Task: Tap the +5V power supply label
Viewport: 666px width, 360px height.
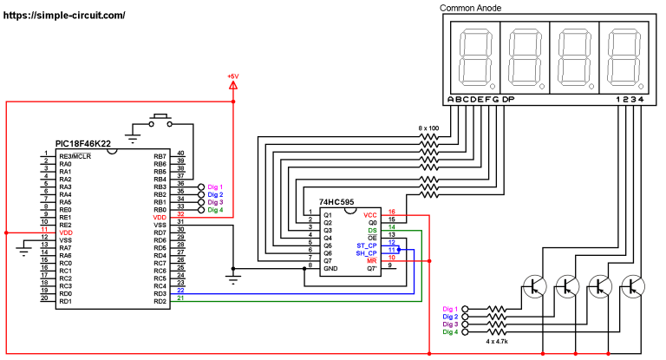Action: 232,77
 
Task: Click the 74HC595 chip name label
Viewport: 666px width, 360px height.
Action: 336,200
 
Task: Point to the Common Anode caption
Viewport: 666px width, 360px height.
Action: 471,8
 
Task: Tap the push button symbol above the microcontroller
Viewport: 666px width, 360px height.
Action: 160,119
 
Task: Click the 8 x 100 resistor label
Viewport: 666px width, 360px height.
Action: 428,128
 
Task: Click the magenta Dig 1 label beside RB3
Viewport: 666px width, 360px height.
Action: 215,187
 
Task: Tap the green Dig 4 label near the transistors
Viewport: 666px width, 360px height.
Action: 448,332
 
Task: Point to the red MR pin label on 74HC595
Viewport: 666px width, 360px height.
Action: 371,259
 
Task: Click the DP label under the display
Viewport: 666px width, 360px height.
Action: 509,100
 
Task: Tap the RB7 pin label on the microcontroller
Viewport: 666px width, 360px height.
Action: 160,156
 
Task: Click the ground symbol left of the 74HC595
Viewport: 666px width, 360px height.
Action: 232,278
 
